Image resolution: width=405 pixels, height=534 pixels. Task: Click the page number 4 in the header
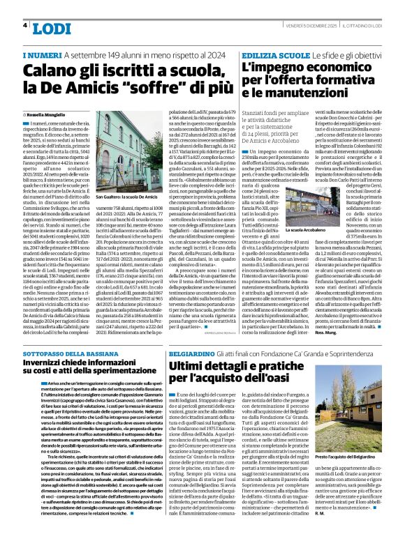tap(24, 24)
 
